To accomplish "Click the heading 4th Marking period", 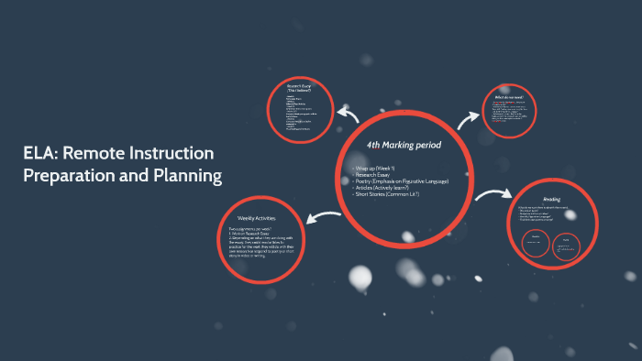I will point(404,146).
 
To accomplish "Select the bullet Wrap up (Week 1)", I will point(375,170).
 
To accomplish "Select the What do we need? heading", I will point(509,96).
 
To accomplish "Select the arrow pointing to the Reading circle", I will point(493,195).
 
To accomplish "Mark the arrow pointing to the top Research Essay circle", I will point(348,114).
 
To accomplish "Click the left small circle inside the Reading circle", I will point(534,242).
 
